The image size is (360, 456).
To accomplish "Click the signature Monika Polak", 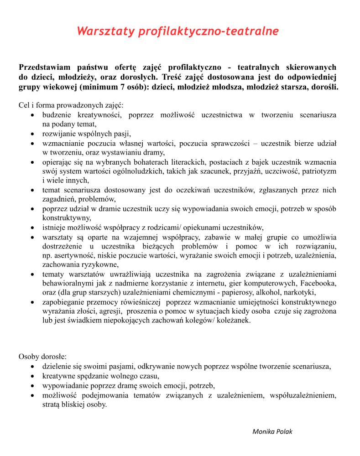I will point(272,431).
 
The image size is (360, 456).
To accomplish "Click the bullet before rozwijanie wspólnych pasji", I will point(32,134).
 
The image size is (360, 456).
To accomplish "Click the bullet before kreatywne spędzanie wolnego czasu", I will point(32,376).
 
